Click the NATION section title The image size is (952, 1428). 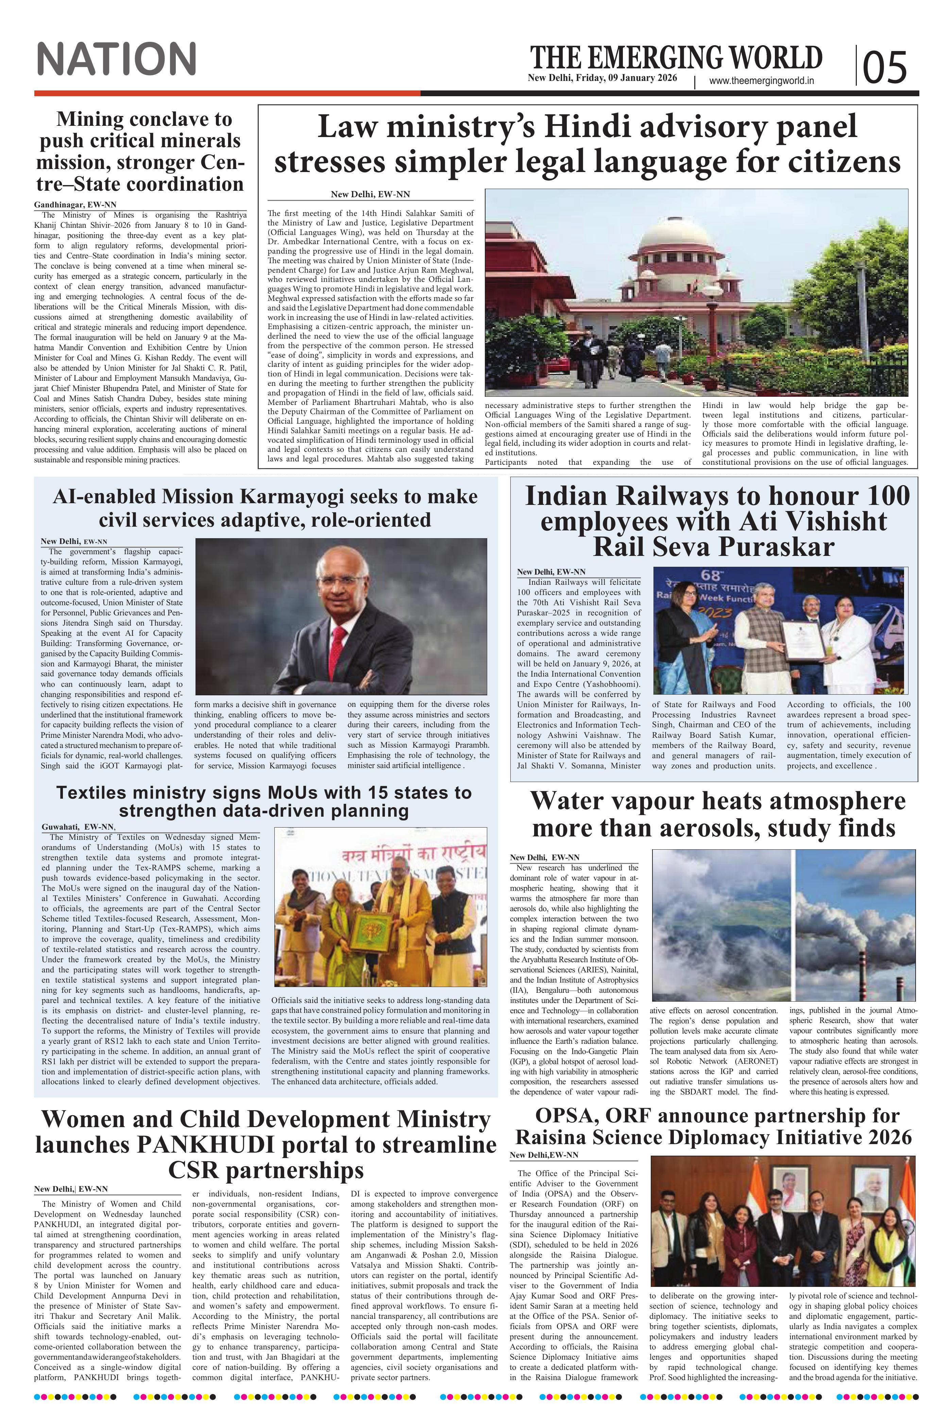pos(117,59)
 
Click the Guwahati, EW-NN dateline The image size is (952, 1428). pos(77,827)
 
